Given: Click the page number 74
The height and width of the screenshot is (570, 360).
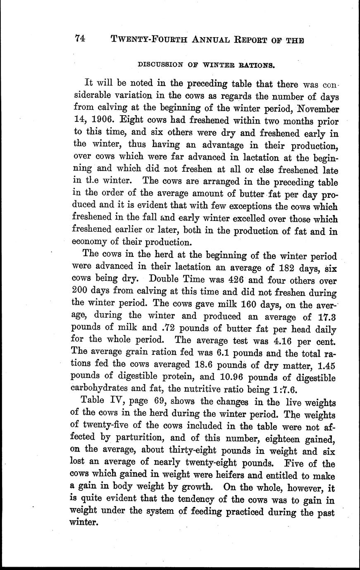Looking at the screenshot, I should click(x=80, y=38).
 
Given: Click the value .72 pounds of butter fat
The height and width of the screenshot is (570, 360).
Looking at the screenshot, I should click(x=165, y=330).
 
